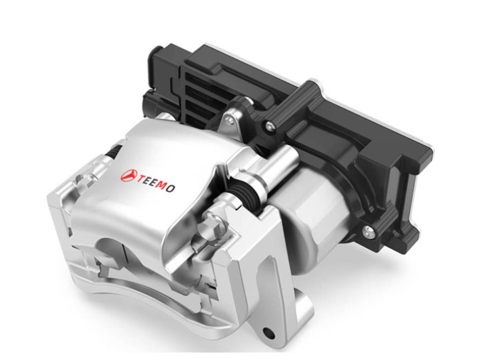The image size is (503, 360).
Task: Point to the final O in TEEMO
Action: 171,188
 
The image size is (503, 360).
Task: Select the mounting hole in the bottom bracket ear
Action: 269,333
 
